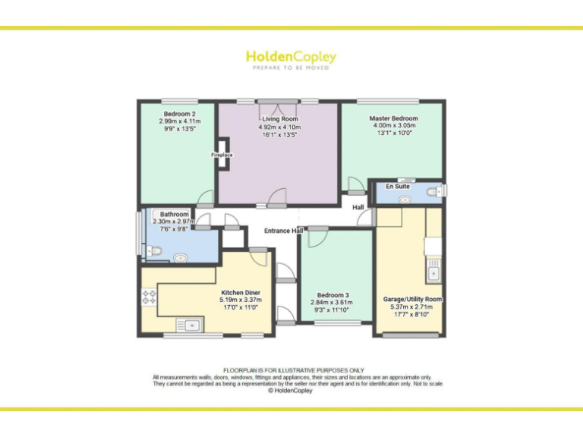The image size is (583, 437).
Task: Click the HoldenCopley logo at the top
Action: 291,57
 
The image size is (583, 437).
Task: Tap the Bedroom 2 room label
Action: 180,114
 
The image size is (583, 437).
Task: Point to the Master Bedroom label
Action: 393,118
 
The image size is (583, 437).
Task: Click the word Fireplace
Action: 222,156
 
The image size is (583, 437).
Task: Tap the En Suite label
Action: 398,186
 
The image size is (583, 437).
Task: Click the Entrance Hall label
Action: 283,230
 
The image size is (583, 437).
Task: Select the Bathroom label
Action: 174,215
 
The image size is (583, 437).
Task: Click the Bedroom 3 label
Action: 333,294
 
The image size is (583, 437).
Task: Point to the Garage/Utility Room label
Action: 411,299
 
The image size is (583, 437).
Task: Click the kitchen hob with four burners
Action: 148,298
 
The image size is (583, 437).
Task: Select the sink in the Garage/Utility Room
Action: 435,269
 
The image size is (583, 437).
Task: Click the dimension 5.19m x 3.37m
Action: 240,300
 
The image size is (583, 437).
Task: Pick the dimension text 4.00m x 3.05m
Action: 393,126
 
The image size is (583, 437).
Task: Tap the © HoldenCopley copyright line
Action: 291,391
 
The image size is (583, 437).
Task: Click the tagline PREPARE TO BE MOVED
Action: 291,68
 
